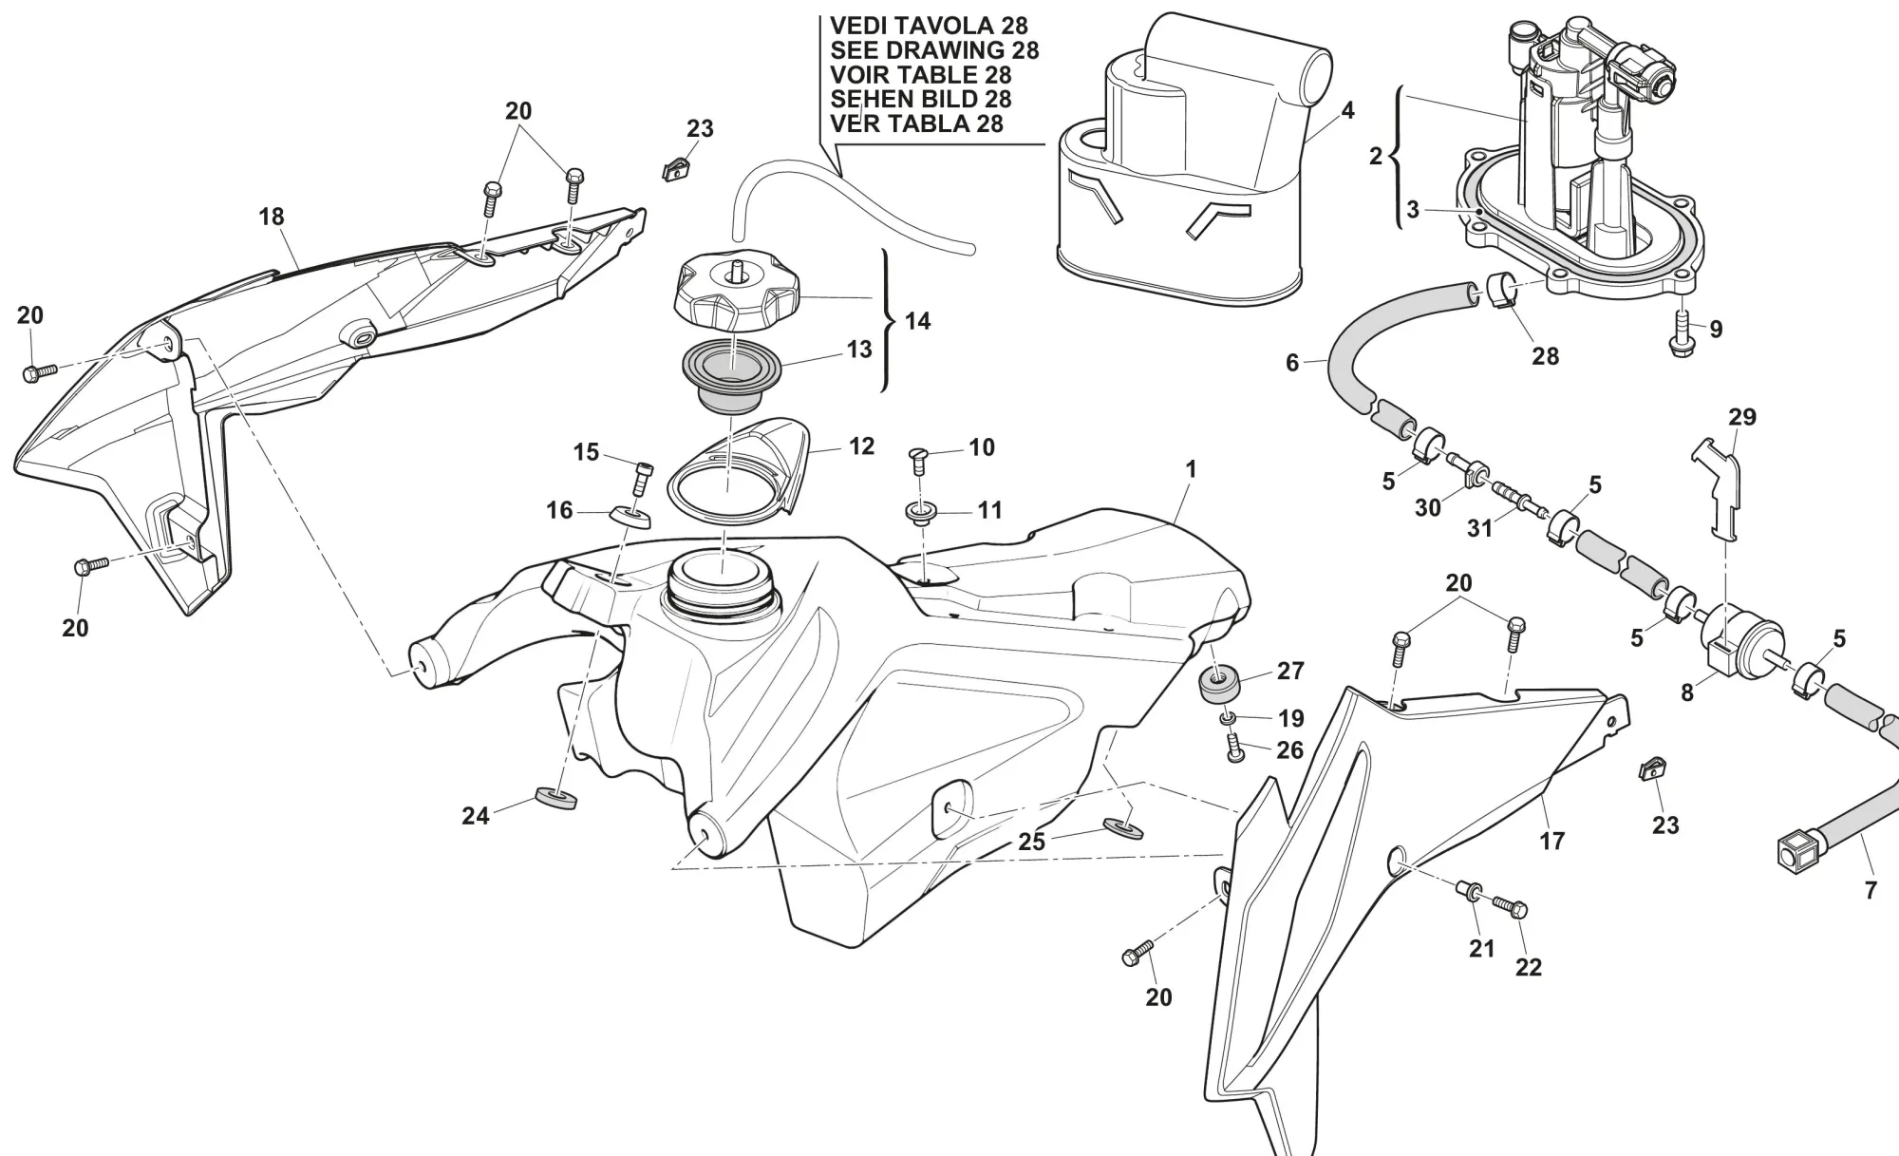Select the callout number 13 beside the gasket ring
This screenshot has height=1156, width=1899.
859,350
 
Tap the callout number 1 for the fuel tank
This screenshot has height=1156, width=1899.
1191,469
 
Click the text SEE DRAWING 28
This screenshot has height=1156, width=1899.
933,50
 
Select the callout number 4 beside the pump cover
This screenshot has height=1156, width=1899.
1347,111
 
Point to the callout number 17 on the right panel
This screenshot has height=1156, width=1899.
1551,841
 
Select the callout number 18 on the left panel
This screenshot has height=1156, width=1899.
272,217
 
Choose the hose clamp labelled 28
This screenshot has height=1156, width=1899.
1500,291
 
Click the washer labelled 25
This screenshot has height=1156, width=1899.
1123,826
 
